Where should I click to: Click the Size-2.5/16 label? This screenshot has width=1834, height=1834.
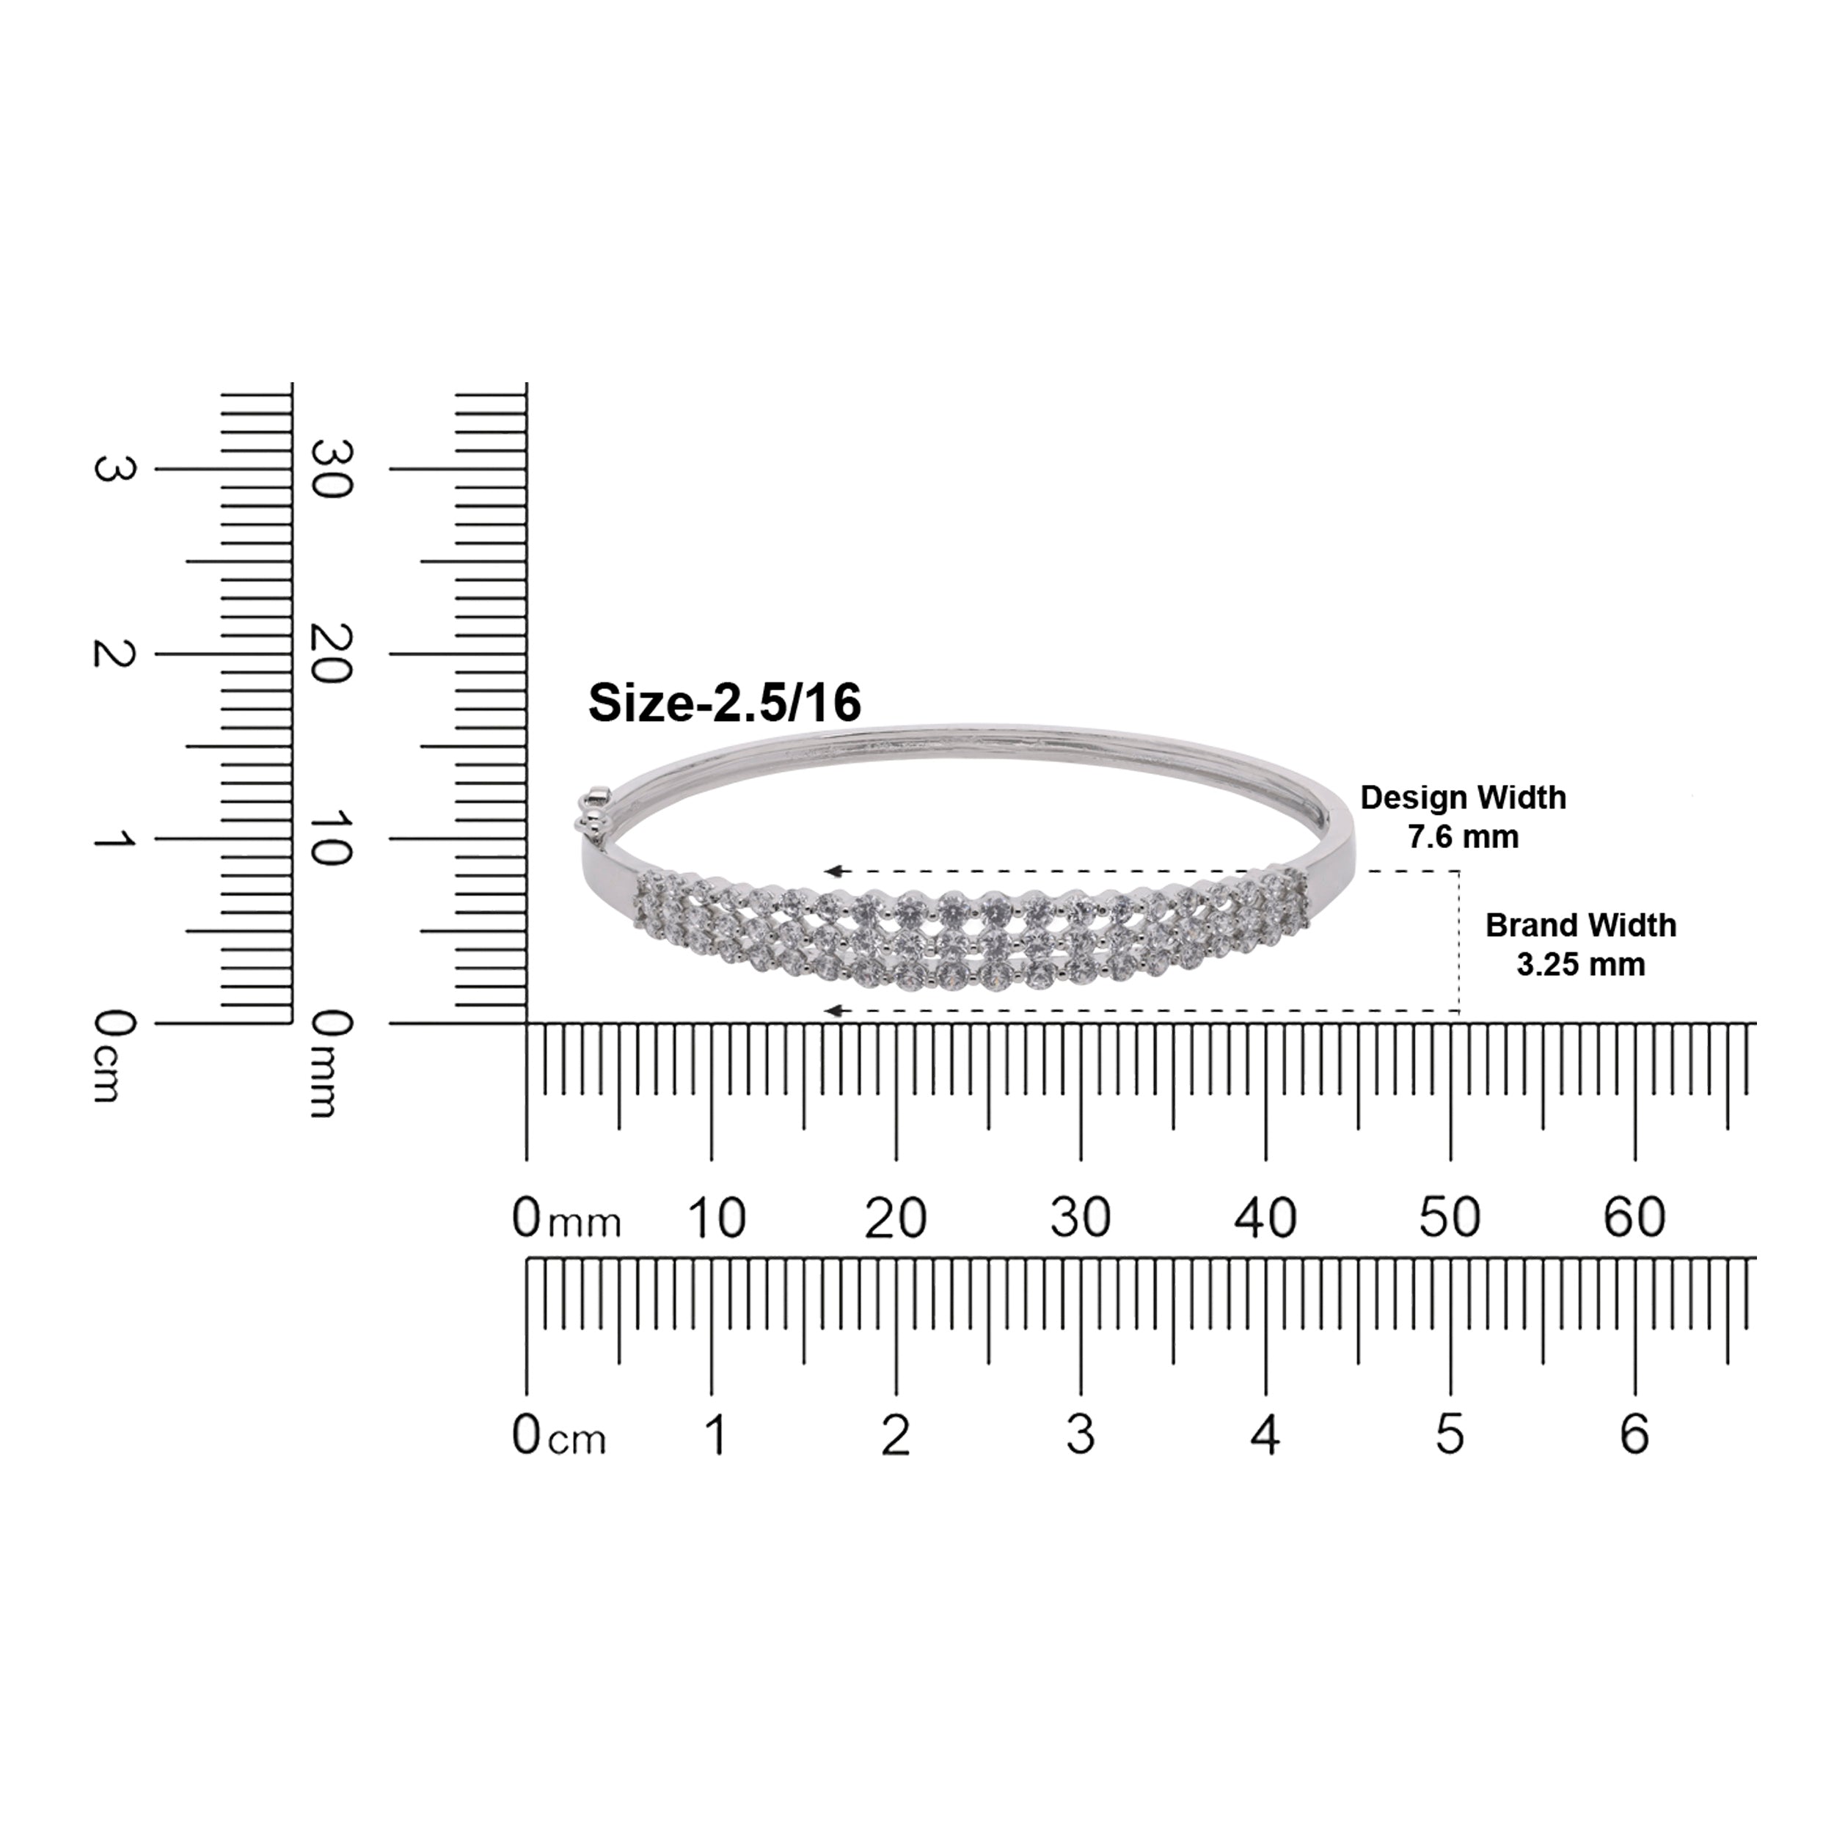click(724, 704)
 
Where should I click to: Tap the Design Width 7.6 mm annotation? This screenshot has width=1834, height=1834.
click(1463, 816)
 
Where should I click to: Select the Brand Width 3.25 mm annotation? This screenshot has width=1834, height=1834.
click(1581, 945)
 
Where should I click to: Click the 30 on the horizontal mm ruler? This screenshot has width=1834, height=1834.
click(1081, 1217)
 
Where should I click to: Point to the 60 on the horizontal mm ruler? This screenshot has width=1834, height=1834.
click(1634, 1217)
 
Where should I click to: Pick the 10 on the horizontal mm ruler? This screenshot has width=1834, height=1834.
click(716, 1217)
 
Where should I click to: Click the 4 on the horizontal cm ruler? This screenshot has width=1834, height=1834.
click(1265, 1434)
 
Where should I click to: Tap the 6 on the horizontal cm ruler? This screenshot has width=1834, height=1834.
click(1634, 1434)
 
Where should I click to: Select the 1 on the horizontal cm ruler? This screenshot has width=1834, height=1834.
click(716, 1434)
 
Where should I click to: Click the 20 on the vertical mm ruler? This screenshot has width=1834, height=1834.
click(333, 654)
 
